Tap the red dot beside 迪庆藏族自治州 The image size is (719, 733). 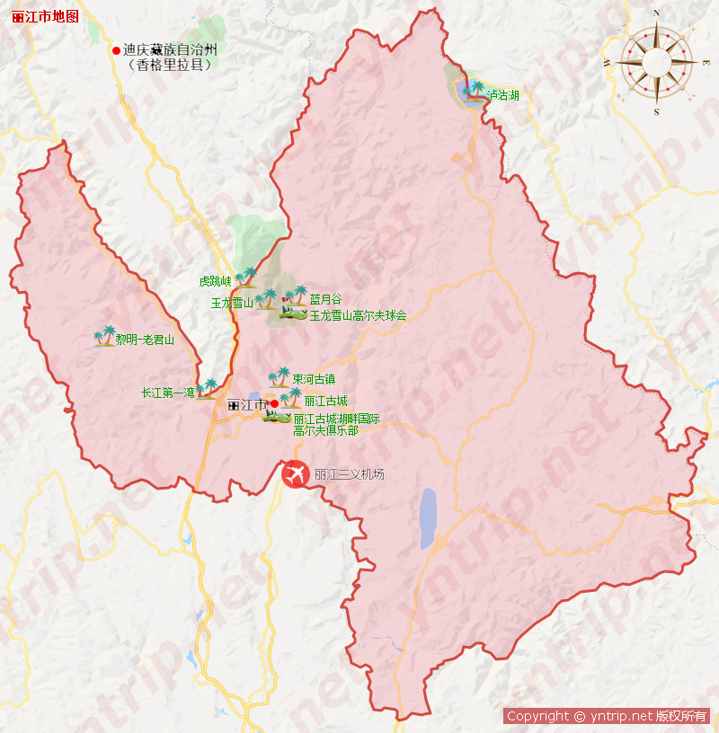[x=116, y=50]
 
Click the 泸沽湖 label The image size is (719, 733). [x=502, y=94]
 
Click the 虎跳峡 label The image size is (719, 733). [x=216, y=281]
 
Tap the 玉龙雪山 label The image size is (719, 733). [x=231, y=303]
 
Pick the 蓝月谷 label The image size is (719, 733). [x=325, y=299]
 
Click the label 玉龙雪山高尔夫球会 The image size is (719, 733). [x=358, y=315]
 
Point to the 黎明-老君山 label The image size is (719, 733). [x=144, y=340]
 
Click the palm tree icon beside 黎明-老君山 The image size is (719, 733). [x=104, y=336]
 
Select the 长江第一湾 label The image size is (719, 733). [x=167, y=393]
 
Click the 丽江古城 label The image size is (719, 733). [x=325, y=401]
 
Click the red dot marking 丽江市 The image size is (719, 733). [x=273, y=404]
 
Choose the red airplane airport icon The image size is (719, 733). [x=295, y=473]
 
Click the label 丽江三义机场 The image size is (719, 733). [x=349, y=473]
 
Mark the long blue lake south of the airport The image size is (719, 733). [x=428, y=518]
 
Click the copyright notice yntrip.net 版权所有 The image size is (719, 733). [x=607, y=716]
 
